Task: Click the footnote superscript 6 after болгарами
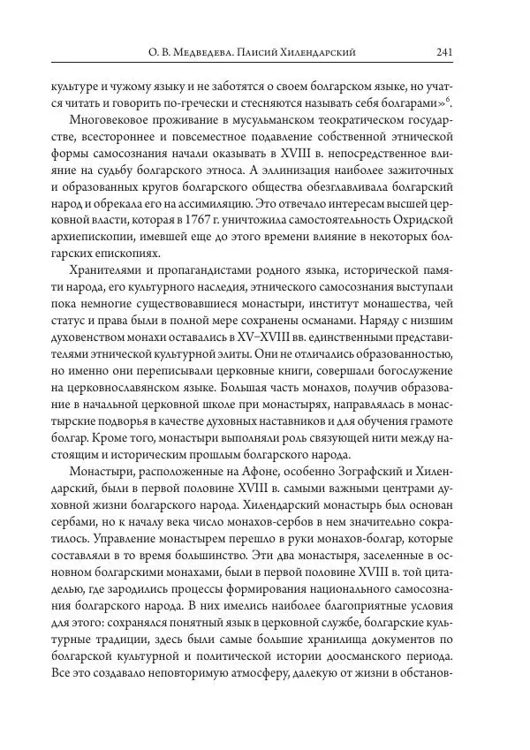click(x=473, y=102)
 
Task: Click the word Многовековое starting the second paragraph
click(x=99, y=121)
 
